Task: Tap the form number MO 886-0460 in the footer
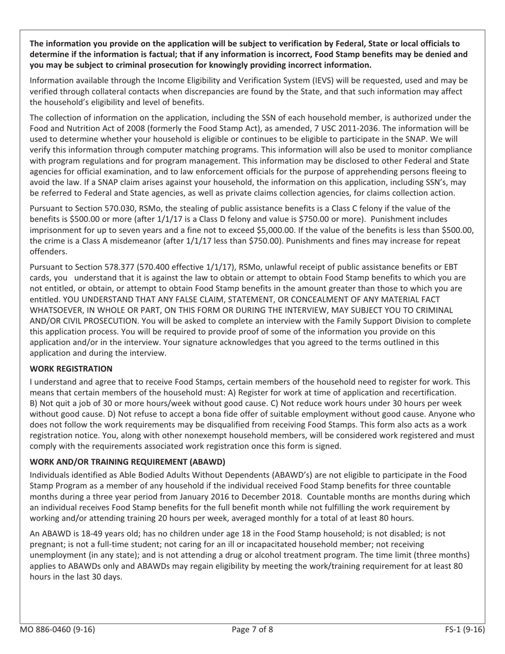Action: pyautogui.click(x=57, y=630)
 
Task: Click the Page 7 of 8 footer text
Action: pyautogui.click(x=252, y=630)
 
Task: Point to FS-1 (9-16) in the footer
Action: pyautogui.click(x=465, y=630)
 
